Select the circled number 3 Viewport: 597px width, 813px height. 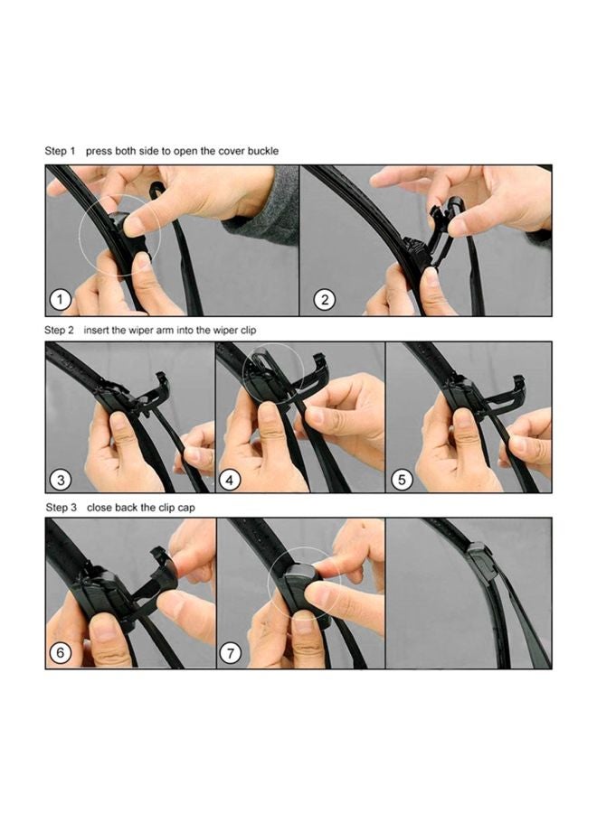(61, 479)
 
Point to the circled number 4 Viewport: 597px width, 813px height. (231, 479)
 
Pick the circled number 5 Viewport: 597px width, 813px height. (402, 479)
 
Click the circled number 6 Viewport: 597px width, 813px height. (61, 654)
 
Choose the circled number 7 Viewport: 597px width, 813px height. (231, 654)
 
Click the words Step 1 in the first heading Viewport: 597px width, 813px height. (60, 151)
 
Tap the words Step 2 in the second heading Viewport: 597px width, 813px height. (60, 331)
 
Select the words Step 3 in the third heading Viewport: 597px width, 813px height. (60, 508)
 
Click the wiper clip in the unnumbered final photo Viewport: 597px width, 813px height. (482, 560)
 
